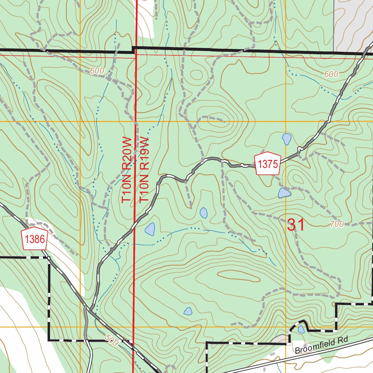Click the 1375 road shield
click(x=268, y=164)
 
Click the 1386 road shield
click(x=35, y=239)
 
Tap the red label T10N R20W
click(x=126, y=170)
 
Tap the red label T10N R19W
click(x=145, y=170)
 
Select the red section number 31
click(x=295, y=225)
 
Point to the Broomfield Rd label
click(x=321, y=345)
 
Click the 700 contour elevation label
click(x=337, y=224)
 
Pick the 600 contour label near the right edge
click(x=331, y=74)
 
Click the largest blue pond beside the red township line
click(x=150, y=229)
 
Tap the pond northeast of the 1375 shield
click(x=287, y=138)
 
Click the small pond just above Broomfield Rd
click(x=301, y=329)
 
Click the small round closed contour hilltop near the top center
click(x=196, y=74)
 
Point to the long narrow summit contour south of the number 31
click(x=239, y=276)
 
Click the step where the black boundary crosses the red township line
click(x=134, y=50)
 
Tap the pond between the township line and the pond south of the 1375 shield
click(x=203, y=213)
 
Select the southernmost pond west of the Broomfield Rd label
click(x=188, y=311)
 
